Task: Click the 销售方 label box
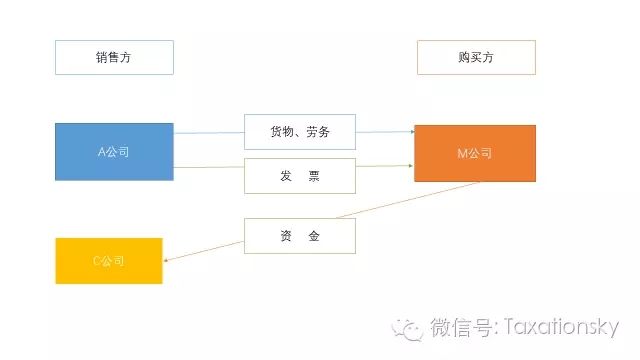[114, 57]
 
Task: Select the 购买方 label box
[476, 57]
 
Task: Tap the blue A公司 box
[114, 152]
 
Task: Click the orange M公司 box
[474, 153]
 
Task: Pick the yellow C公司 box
[109, 260]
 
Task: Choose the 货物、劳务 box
[300, 131]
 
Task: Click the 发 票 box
[300, 176]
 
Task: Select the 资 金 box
[300, 236]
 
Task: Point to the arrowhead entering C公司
[166, 261]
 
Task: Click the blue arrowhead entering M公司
[410, 131]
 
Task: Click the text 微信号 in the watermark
[456, 328]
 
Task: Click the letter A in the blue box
[101, 152]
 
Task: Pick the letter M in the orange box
[461, 153]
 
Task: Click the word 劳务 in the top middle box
[317, 131]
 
